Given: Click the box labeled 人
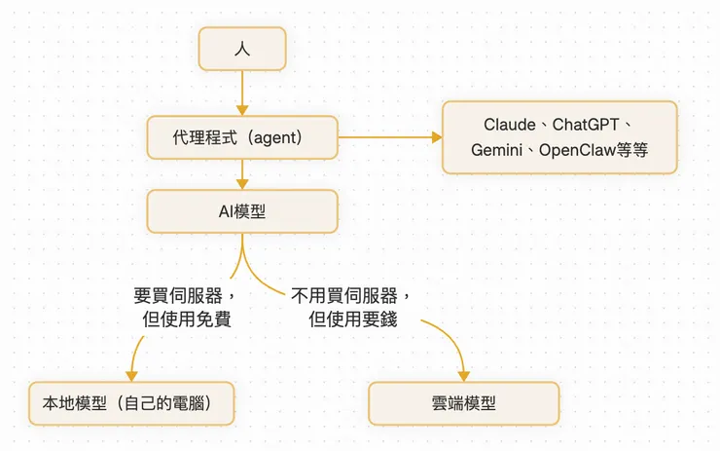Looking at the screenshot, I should (242, 49).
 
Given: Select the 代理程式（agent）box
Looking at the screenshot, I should (242, 138).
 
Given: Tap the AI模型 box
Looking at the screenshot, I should (242, 210).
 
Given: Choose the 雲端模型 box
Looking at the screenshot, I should (463, 403).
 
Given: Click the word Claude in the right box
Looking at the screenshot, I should (510, 126).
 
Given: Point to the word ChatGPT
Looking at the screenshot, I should (587, 126).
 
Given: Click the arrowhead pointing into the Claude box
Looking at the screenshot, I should (436, 137).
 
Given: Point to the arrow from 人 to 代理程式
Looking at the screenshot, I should (242, 94).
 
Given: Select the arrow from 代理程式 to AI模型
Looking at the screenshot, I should (242, 175).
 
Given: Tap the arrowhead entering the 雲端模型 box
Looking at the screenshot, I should (463, 376).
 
